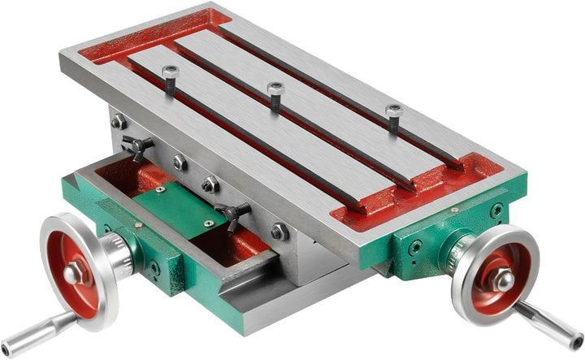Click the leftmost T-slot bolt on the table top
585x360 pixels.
click(x=170, y=80)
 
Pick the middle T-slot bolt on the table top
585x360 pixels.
click(x=275, y=96)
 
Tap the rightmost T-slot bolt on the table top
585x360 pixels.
click(x=394, y=117)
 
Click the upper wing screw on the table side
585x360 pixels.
click(x=138, y=146)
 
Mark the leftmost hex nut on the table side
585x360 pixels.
click(x=119, y=122)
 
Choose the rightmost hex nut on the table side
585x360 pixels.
click(x=280, y=232)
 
